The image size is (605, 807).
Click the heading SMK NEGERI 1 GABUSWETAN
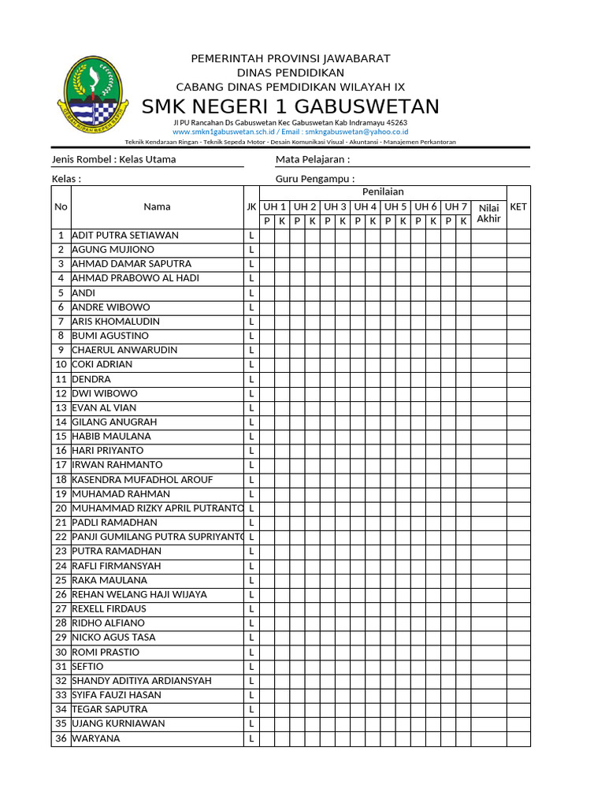[x=291, y=107]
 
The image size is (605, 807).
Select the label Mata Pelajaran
[x=312, y=159]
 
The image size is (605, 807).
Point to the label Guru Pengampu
[x=314, y=179]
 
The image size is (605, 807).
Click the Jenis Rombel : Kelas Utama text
[x=114, y=159]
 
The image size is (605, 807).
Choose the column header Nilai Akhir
[x=488, y=213]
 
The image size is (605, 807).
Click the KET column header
[x=518, y=206]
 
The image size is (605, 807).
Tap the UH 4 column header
[x=365, y=206]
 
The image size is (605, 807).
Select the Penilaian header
[x=383, y=192]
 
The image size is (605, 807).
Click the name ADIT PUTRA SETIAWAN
[x=125, y=235]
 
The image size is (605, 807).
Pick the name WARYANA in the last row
[x=96, y=738]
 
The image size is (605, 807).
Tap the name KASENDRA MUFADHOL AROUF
[x=142, y=479]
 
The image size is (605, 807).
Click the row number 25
[x=61, y=580]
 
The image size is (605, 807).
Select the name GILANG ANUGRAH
[x=114, y=422]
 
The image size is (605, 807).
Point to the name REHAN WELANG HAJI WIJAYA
[x=139, y=594]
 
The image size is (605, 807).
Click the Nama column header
[x=157, y=206]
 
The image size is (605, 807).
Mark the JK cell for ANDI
[x=252, y=292]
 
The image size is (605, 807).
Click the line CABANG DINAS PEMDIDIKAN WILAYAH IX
[x=291, y=87]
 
